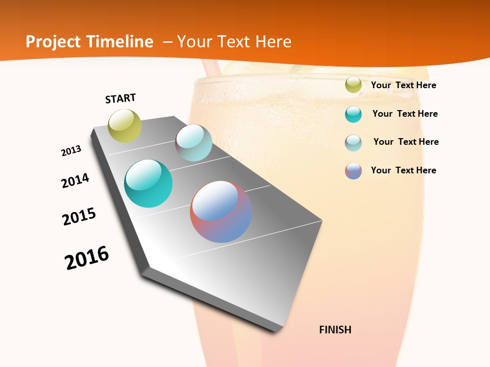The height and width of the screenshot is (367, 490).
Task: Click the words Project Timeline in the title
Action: pyautogui.click(x=89, y=42)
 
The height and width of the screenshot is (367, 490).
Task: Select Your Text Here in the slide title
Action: pyautogui.click(x=234, y=42)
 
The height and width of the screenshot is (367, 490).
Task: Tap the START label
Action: pyautogui.click(x=120, y=98)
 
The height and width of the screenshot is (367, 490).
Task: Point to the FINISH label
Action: pyautogui.click(x=335, y=330)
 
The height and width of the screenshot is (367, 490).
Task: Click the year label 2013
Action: pyautogui.click(x=71, y=151)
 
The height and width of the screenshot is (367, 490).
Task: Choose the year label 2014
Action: pyautogui.click(x=75, y=180)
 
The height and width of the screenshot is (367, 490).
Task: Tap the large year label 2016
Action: pyautogui.click(x=87, y=258)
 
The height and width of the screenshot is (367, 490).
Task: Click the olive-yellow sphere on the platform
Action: pyautogui.click(x=125, y=126)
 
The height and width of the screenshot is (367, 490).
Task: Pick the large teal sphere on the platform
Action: pyautogui.click(x=148, y=183)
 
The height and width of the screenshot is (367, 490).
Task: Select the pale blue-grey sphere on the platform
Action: pyautogui.click(x=193, y=143)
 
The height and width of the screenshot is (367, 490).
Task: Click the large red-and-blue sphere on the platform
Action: pyautogui.click(x=221, y=212)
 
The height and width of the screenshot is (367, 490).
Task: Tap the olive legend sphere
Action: pyautogui.click(x=353, y=85)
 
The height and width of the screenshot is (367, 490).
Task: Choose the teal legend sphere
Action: pyautogui.click(x=353, y=114)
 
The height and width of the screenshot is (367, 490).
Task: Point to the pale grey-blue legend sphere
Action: pyautogui.click(x=353, y=143)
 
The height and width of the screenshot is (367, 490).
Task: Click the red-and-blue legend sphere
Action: pyautogui.click(x=353, y=171)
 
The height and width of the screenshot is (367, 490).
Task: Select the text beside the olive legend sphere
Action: pyautogui.click(x=403, y=85)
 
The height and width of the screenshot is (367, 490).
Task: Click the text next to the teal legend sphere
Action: pyautogui.click(x=405, y=114)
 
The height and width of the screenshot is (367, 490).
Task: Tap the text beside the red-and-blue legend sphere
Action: pyautogui.click(x=403, y=170)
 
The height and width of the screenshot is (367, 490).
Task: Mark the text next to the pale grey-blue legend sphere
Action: pyautogui.click(x=406, y=142)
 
